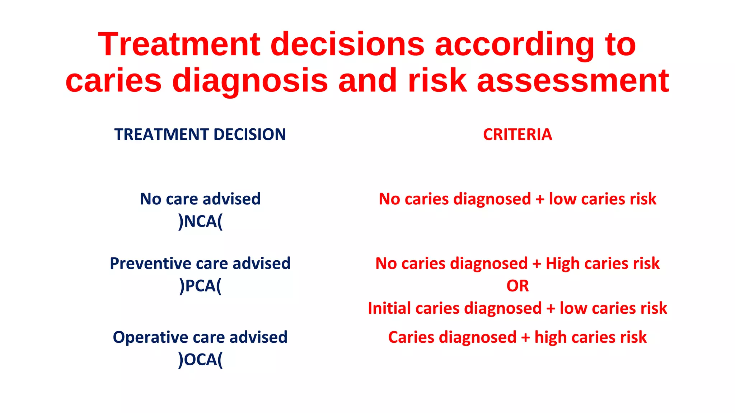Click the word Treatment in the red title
pos(179,44)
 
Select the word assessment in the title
pos(573,81)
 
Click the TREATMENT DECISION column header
pos(200,134)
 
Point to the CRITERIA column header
pos(517,134)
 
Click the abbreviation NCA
pos(200,221)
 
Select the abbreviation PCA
pos(200,286)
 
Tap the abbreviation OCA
pos(200,360)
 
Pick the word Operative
pos(150,337)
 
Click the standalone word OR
pos(517,286)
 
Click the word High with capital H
pos(562,264)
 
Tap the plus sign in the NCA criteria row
pos(540,199)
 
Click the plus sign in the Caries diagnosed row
pos(525,338)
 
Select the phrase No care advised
pos(200,199)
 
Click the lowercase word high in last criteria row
pos(551,338)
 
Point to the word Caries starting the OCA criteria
pos(411,337)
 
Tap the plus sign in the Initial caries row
pos(551,309)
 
